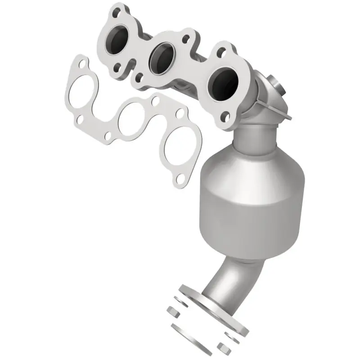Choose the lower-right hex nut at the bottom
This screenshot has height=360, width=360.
click(x=223, y=347)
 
